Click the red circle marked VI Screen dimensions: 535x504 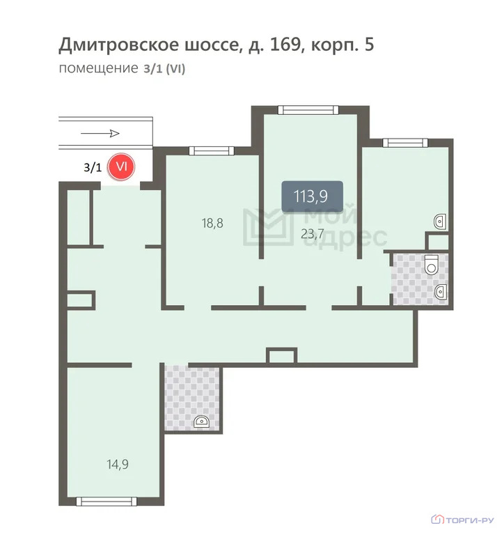123,167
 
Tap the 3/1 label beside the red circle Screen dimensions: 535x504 92,167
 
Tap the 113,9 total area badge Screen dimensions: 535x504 312,196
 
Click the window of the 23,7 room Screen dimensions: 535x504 307,109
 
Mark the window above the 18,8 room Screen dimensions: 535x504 211,150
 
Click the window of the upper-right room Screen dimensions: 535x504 405,143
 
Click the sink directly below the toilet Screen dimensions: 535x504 441,292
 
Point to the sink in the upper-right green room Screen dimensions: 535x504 441,222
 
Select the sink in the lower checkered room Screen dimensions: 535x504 203,421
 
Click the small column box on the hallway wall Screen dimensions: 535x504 282,356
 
